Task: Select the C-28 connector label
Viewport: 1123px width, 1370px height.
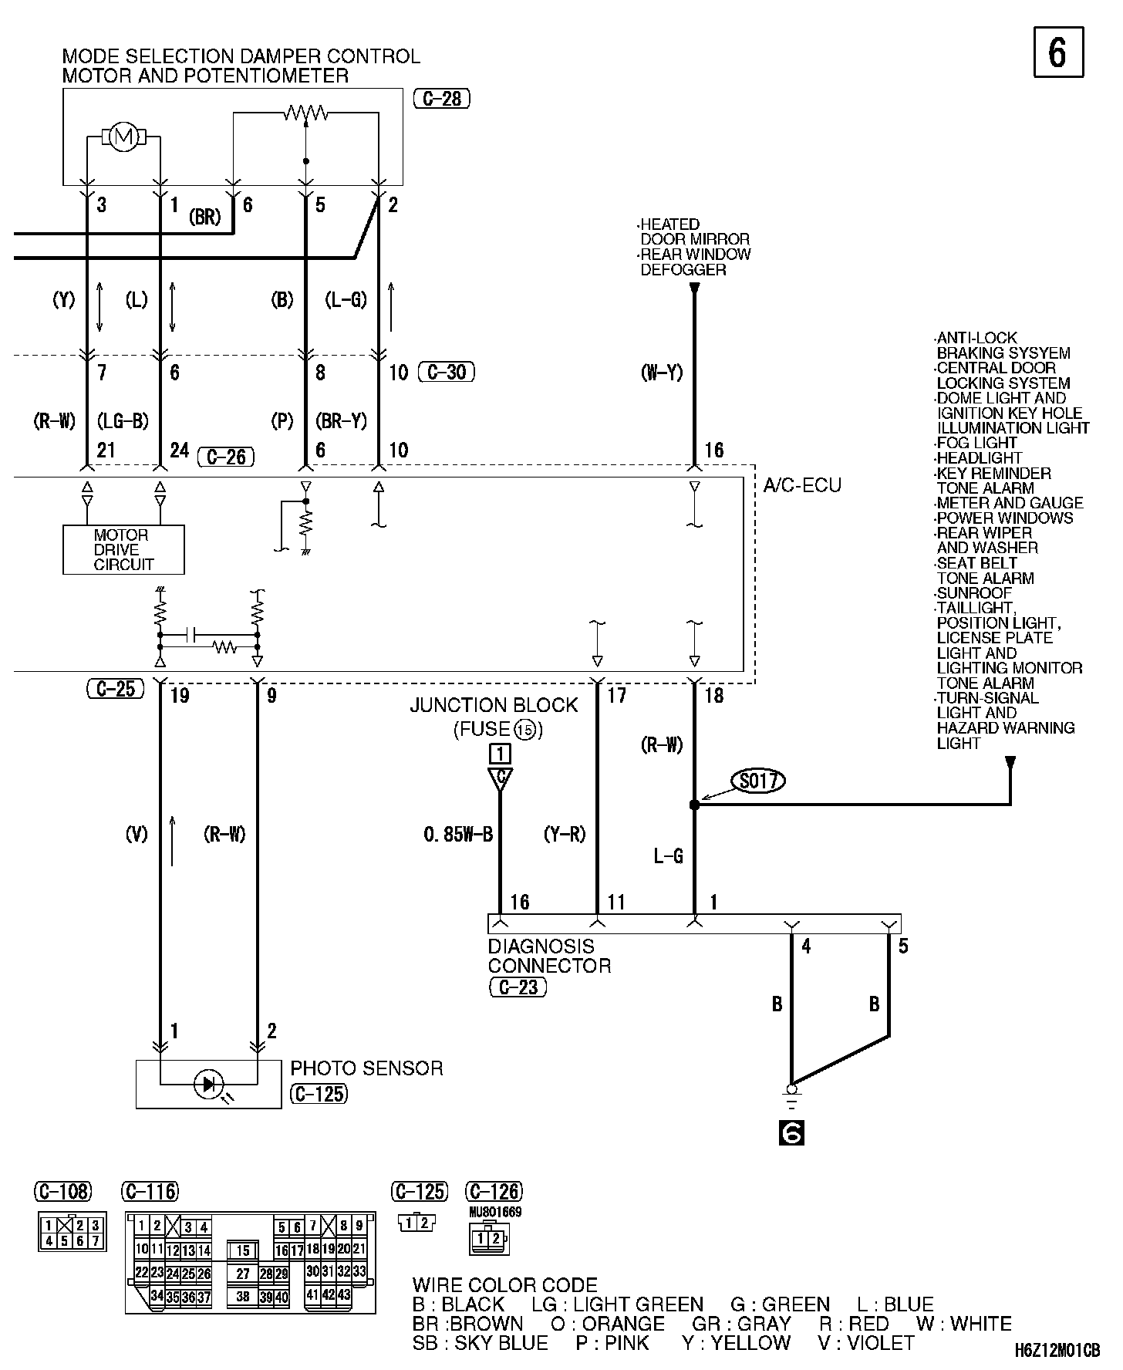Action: (x=442, y=99)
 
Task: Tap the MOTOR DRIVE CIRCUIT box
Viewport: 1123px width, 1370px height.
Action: (x=123, y=550)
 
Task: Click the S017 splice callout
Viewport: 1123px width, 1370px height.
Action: (x=758, y=781)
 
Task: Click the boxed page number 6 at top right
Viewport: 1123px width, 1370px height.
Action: (x=1058, y=52)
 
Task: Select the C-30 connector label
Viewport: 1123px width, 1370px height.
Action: (x=447, y=373)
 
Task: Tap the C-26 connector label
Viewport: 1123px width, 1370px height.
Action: (x=226, y=457)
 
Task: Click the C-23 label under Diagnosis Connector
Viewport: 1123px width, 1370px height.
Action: (x=518, y=987)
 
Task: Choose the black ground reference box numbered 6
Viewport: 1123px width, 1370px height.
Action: (x=792, y=1132)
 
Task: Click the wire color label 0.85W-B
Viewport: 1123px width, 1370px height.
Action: (x=458, y=834)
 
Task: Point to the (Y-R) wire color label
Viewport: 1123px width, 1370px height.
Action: (x=565, y=834)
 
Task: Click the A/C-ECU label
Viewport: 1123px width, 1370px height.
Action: (x=802, y=485)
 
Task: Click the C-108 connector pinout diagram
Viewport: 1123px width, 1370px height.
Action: (x=72, y=1232)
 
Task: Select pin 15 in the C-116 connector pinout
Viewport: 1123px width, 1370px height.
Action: (x=243, y=1250)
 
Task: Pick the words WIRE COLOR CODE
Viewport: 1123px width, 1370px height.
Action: (x=505, y=1285)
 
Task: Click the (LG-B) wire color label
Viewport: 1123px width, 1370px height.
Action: (x=123, y=421)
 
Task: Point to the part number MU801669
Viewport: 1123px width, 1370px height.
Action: (x=495, y=1212)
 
